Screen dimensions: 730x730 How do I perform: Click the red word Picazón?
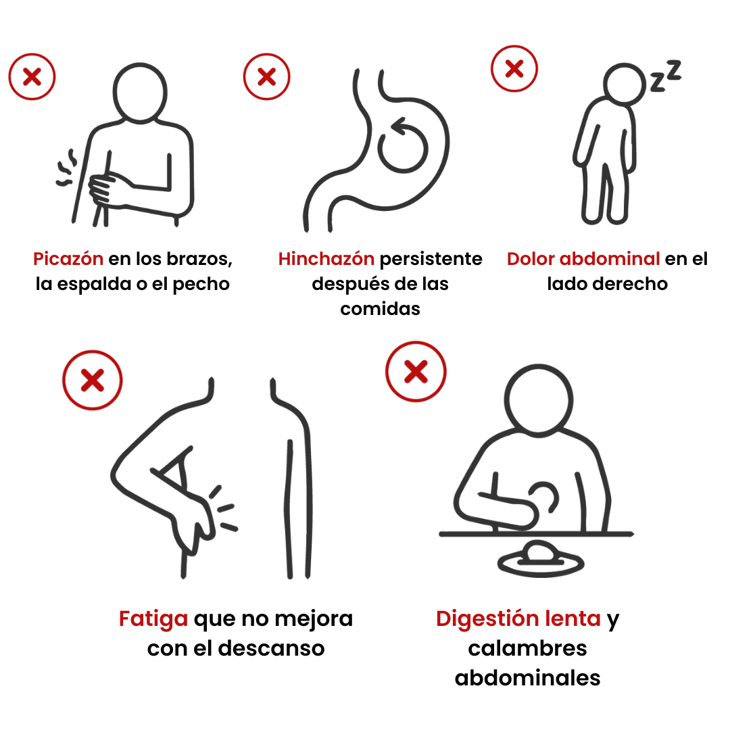[68, 259]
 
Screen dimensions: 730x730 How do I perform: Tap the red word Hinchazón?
[326, 259]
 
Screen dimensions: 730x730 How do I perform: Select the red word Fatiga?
[153, 620]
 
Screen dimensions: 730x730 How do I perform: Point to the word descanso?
[271, 648]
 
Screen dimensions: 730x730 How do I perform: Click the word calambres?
[527, 648]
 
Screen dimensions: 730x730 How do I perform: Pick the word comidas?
[380, 309]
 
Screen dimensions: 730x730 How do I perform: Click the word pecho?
[201, 285]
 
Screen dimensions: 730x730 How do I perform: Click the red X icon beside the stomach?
[267, 77]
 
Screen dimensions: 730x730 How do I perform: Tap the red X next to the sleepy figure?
[514, 68]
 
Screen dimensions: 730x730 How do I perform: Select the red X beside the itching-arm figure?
[32, 77]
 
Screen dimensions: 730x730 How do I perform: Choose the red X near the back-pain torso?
[93, 380]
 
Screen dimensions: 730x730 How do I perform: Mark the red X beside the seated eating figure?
[416, 372]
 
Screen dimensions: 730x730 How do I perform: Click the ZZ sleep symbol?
[666, 76]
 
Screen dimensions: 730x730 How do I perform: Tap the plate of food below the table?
[541, 559]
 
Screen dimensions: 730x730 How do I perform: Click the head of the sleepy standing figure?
[625, 84]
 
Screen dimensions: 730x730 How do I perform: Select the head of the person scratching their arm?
[140, 93]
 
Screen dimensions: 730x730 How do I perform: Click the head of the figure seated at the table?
[539, 401]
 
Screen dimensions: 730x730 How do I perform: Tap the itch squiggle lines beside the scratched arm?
[66, 168]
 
